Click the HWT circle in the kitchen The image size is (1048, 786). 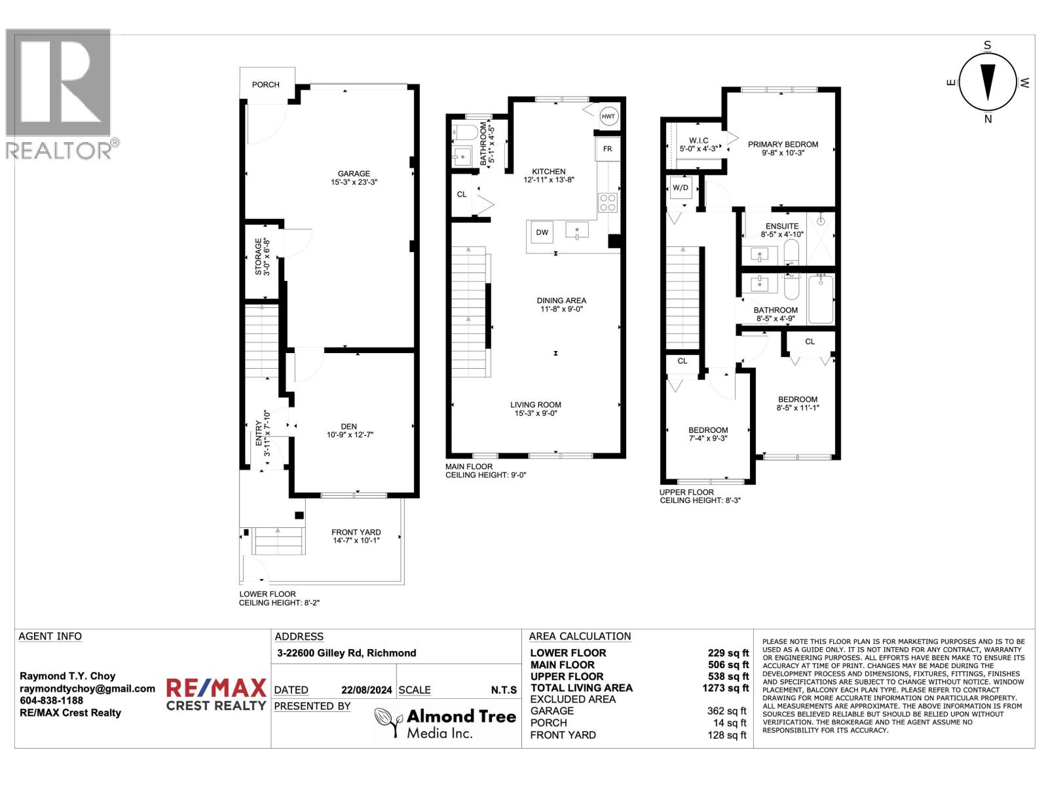pyautogui.click(x=608, y=116)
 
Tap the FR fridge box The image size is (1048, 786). pyautogui.click(x=607, y=149)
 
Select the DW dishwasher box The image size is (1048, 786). pyautogui.click(x=542, y=232)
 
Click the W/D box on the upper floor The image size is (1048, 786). pyautogui.click(x=681, y=188)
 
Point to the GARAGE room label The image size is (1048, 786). pyautogui.click(x=354, y=174)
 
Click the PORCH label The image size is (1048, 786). pyautogui.click(x=265, y=84)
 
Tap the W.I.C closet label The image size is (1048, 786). pyautogui.click(x=698, y=141)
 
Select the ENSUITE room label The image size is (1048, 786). pyautogui.click(x=779, y=226)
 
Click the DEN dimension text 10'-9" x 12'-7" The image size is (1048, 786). pyautogui.click(x=350, y=434)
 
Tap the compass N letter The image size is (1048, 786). pyautogui.click(x=988, y=119)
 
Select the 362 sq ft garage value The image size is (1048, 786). pyautogui.click(x=726, y=711)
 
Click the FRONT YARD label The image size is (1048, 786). pyautogui.click(x=356, y=532)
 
